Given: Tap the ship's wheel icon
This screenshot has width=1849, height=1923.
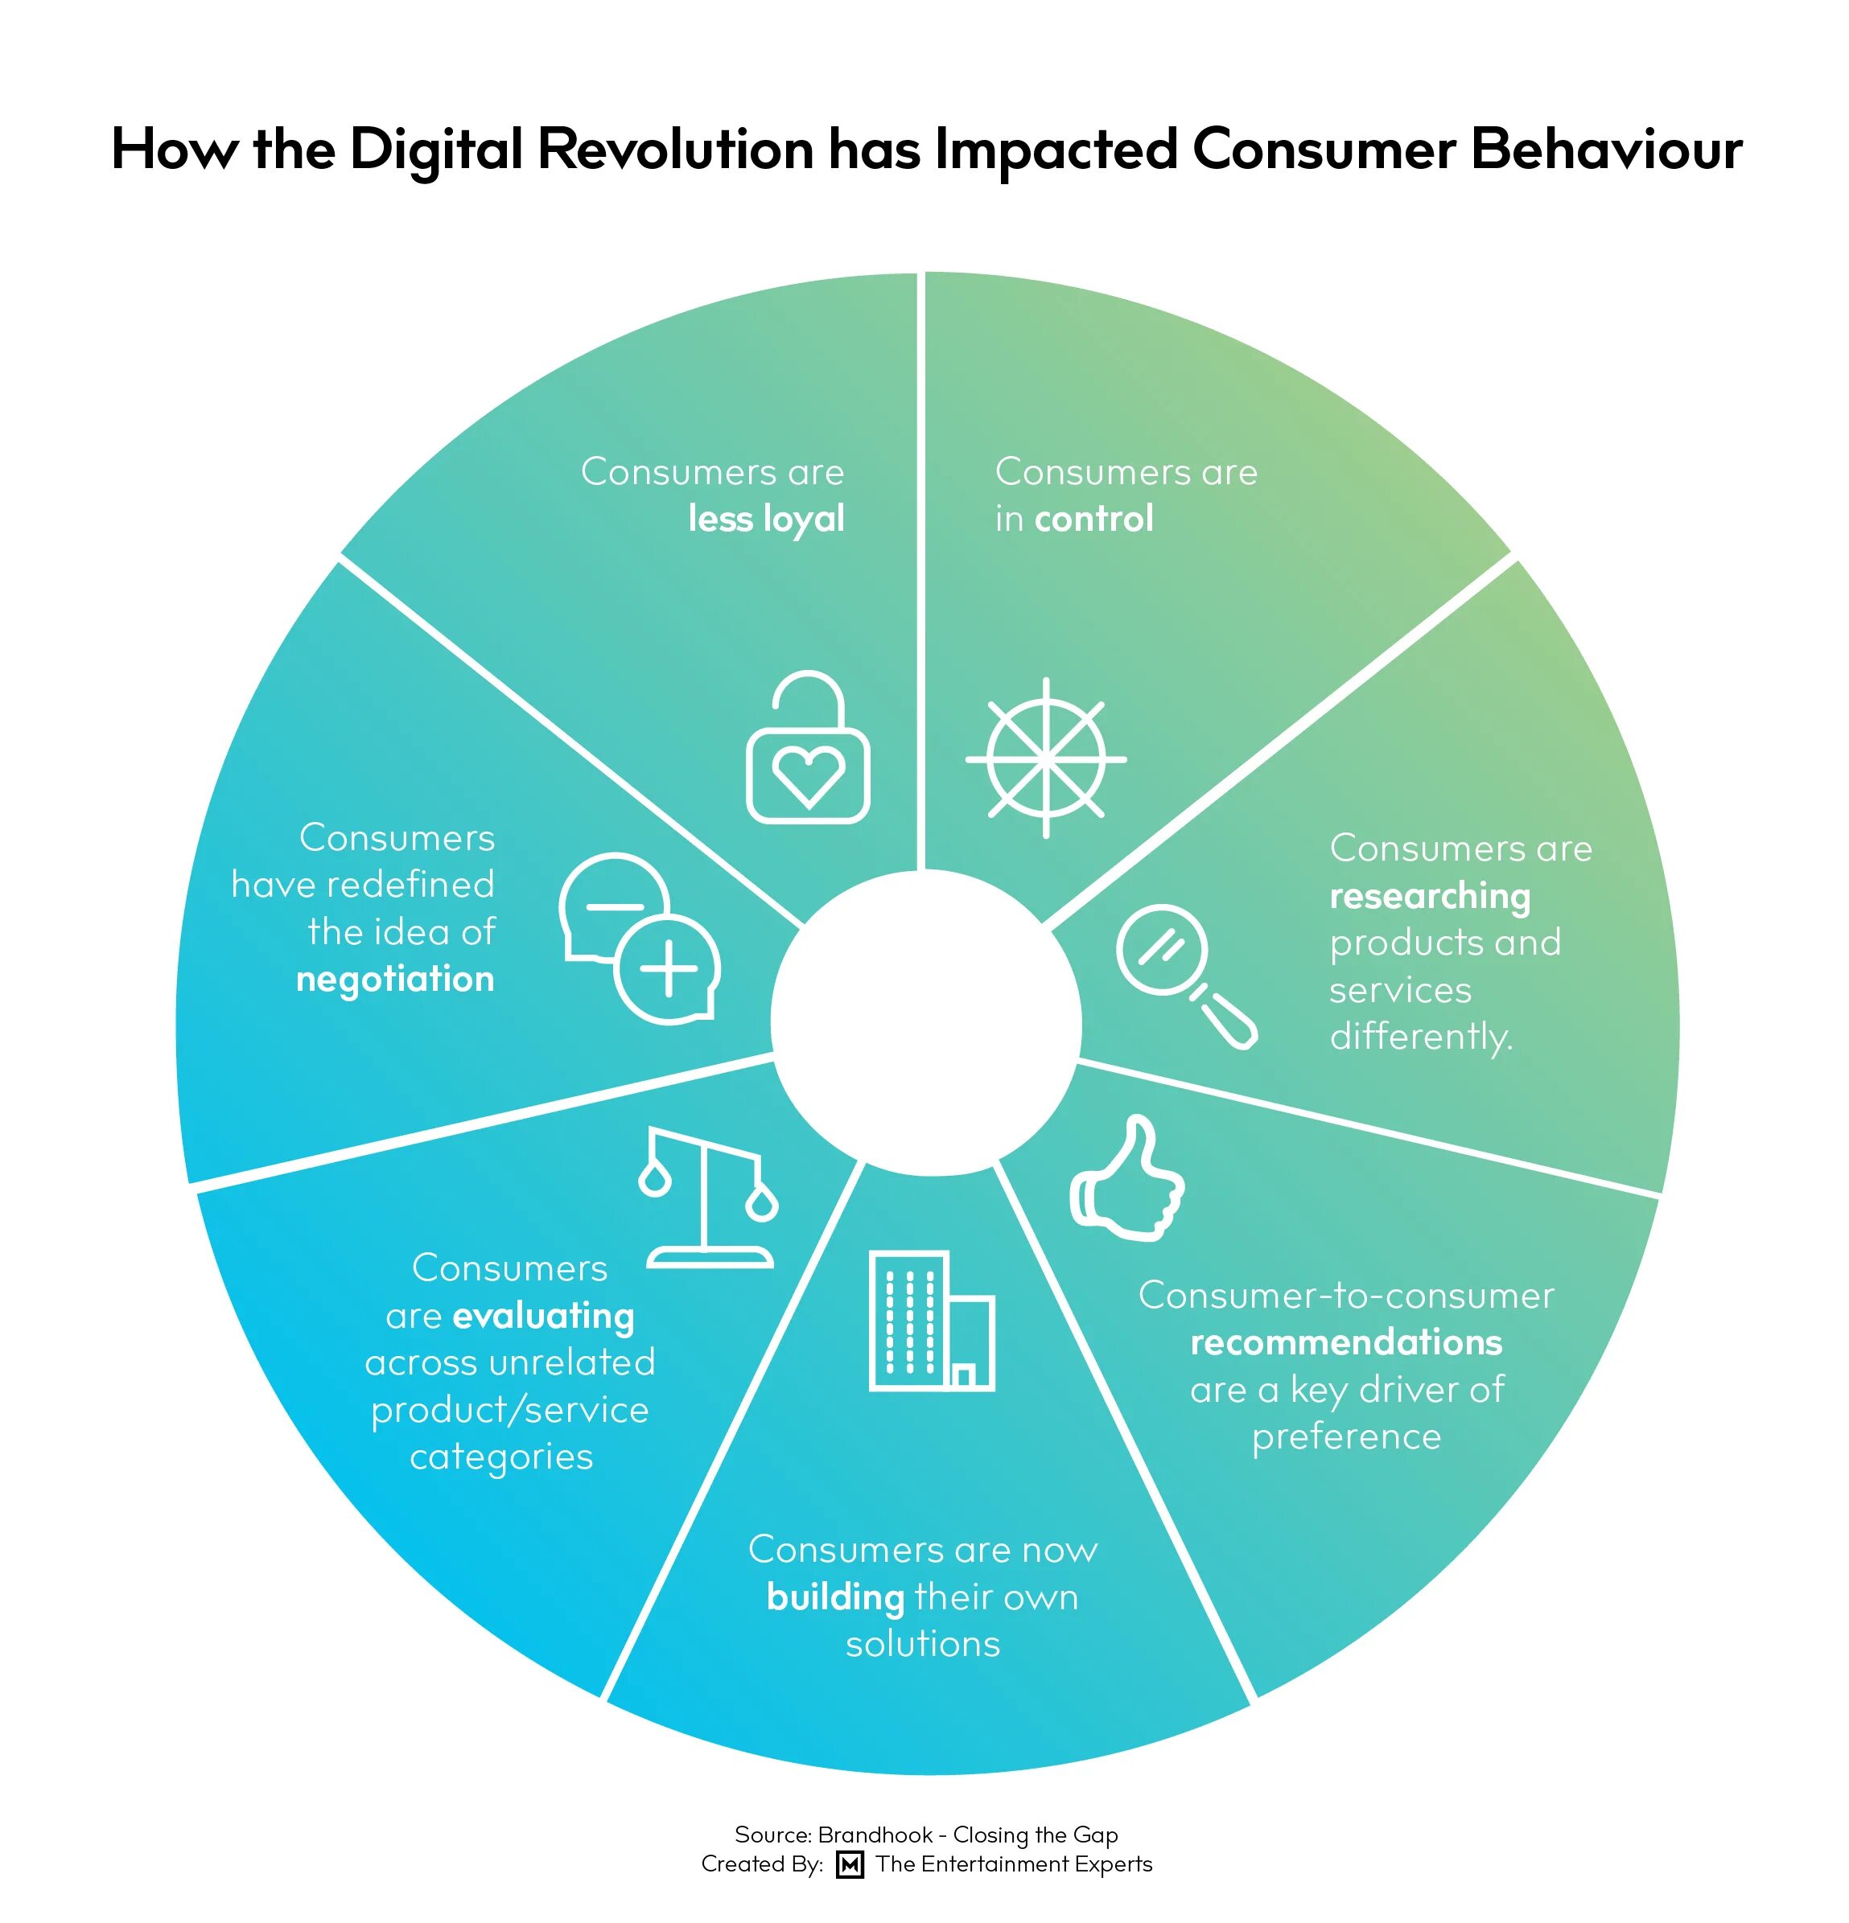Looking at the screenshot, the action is pyautogui.click(x=1046, y=758).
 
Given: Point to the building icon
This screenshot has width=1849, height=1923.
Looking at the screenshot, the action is pyautogui.click(x=930, y=1321).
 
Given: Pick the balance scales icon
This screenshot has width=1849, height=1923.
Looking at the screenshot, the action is pyautogui.click(x=709, y=1199).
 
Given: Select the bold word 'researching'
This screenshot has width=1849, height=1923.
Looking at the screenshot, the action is pyautogui.click(x=1429, y=896).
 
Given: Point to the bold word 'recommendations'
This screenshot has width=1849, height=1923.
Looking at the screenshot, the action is pyautogui.click(x=1345, y=1342).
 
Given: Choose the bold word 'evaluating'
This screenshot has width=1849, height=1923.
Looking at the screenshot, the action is pyautogui.click(x=543, y=1316).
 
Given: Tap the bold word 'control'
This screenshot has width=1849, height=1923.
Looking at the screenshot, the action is pyautogui.click(x=1093, y=519).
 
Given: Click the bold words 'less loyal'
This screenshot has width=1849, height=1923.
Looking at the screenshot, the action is pyautogui.click(x=765, y=519).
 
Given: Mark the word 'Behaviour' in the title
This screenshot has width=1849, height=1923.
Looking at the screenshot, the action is pyautogui.click(x=1606, y=150).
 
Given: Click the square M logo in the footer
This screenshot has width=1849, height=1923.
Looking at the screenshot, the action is pyautogui.click(x=850, y=1863).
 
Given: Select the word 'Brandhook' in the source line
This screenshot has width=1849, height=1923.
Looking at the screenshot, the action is pyautogui.click(x=875, y=1835).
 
